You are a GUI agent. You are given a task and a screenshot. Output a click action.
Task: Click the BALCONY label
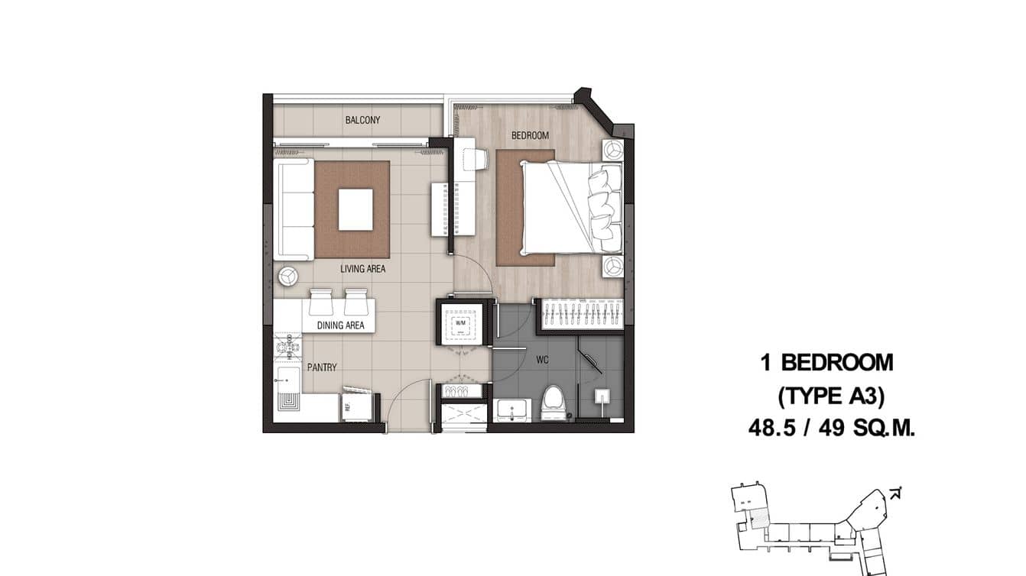(x=362, y=120)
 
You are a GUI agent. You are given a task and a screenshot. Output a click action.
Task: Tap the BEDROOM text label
(x=530, y=135)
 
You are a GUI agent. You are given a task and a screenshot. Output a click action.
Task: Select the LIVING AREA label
(x=362, y=269)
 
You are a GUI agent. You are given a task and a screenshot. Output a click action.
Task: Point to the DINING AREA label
(x=340, y=325)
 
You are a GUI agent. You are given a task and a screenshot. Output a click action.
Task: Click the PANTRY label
(x=322, y=367)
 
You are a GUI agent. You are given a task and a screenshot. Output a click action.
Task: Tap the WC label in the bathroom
(x=543, y=359)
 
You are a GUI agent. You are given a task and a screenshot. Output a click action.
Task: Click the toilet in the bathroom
(x=552, y=403)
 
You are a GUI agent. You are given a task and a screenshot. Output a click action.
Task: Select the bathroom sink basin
(x=511, y=409)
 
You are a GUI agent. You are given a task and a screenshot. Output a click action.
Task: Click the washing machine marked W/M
(x=461, y=323)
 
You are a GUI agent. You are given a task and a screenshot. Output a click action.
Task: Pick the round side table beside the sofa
(x=288, y=275)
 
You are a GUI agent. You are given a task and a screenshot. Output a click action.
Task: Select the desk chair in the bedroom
(x=475, y=159)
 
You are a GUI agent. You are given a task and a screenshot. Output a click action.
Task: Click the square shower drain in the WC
(x=602, y=396)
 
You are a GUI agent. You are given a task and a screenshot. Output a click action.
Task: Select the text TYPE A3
(x=830, y=396)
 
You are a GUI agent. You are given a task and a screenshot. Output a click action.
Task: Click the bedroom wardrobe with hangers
(x=583, y=315)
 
